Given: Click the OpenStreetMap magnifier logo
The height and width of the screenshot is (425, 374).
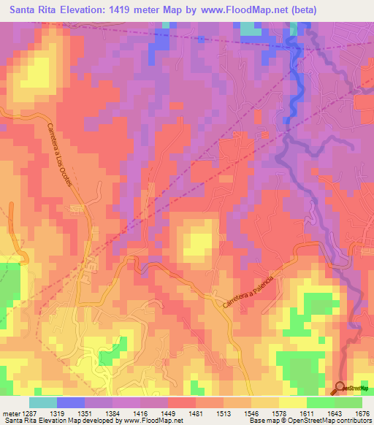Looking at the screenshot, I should [x=340, y=388].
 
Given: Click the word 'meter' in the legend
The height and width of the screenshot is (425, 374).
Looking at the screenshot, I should [x=10, y=413].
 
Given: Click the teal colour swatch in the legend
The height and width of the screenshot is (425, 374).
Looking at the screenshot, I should [x=42, y=402].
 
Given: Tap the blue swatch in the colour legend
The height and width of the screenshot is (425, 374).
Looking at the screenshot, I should [x=70, y=402].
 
